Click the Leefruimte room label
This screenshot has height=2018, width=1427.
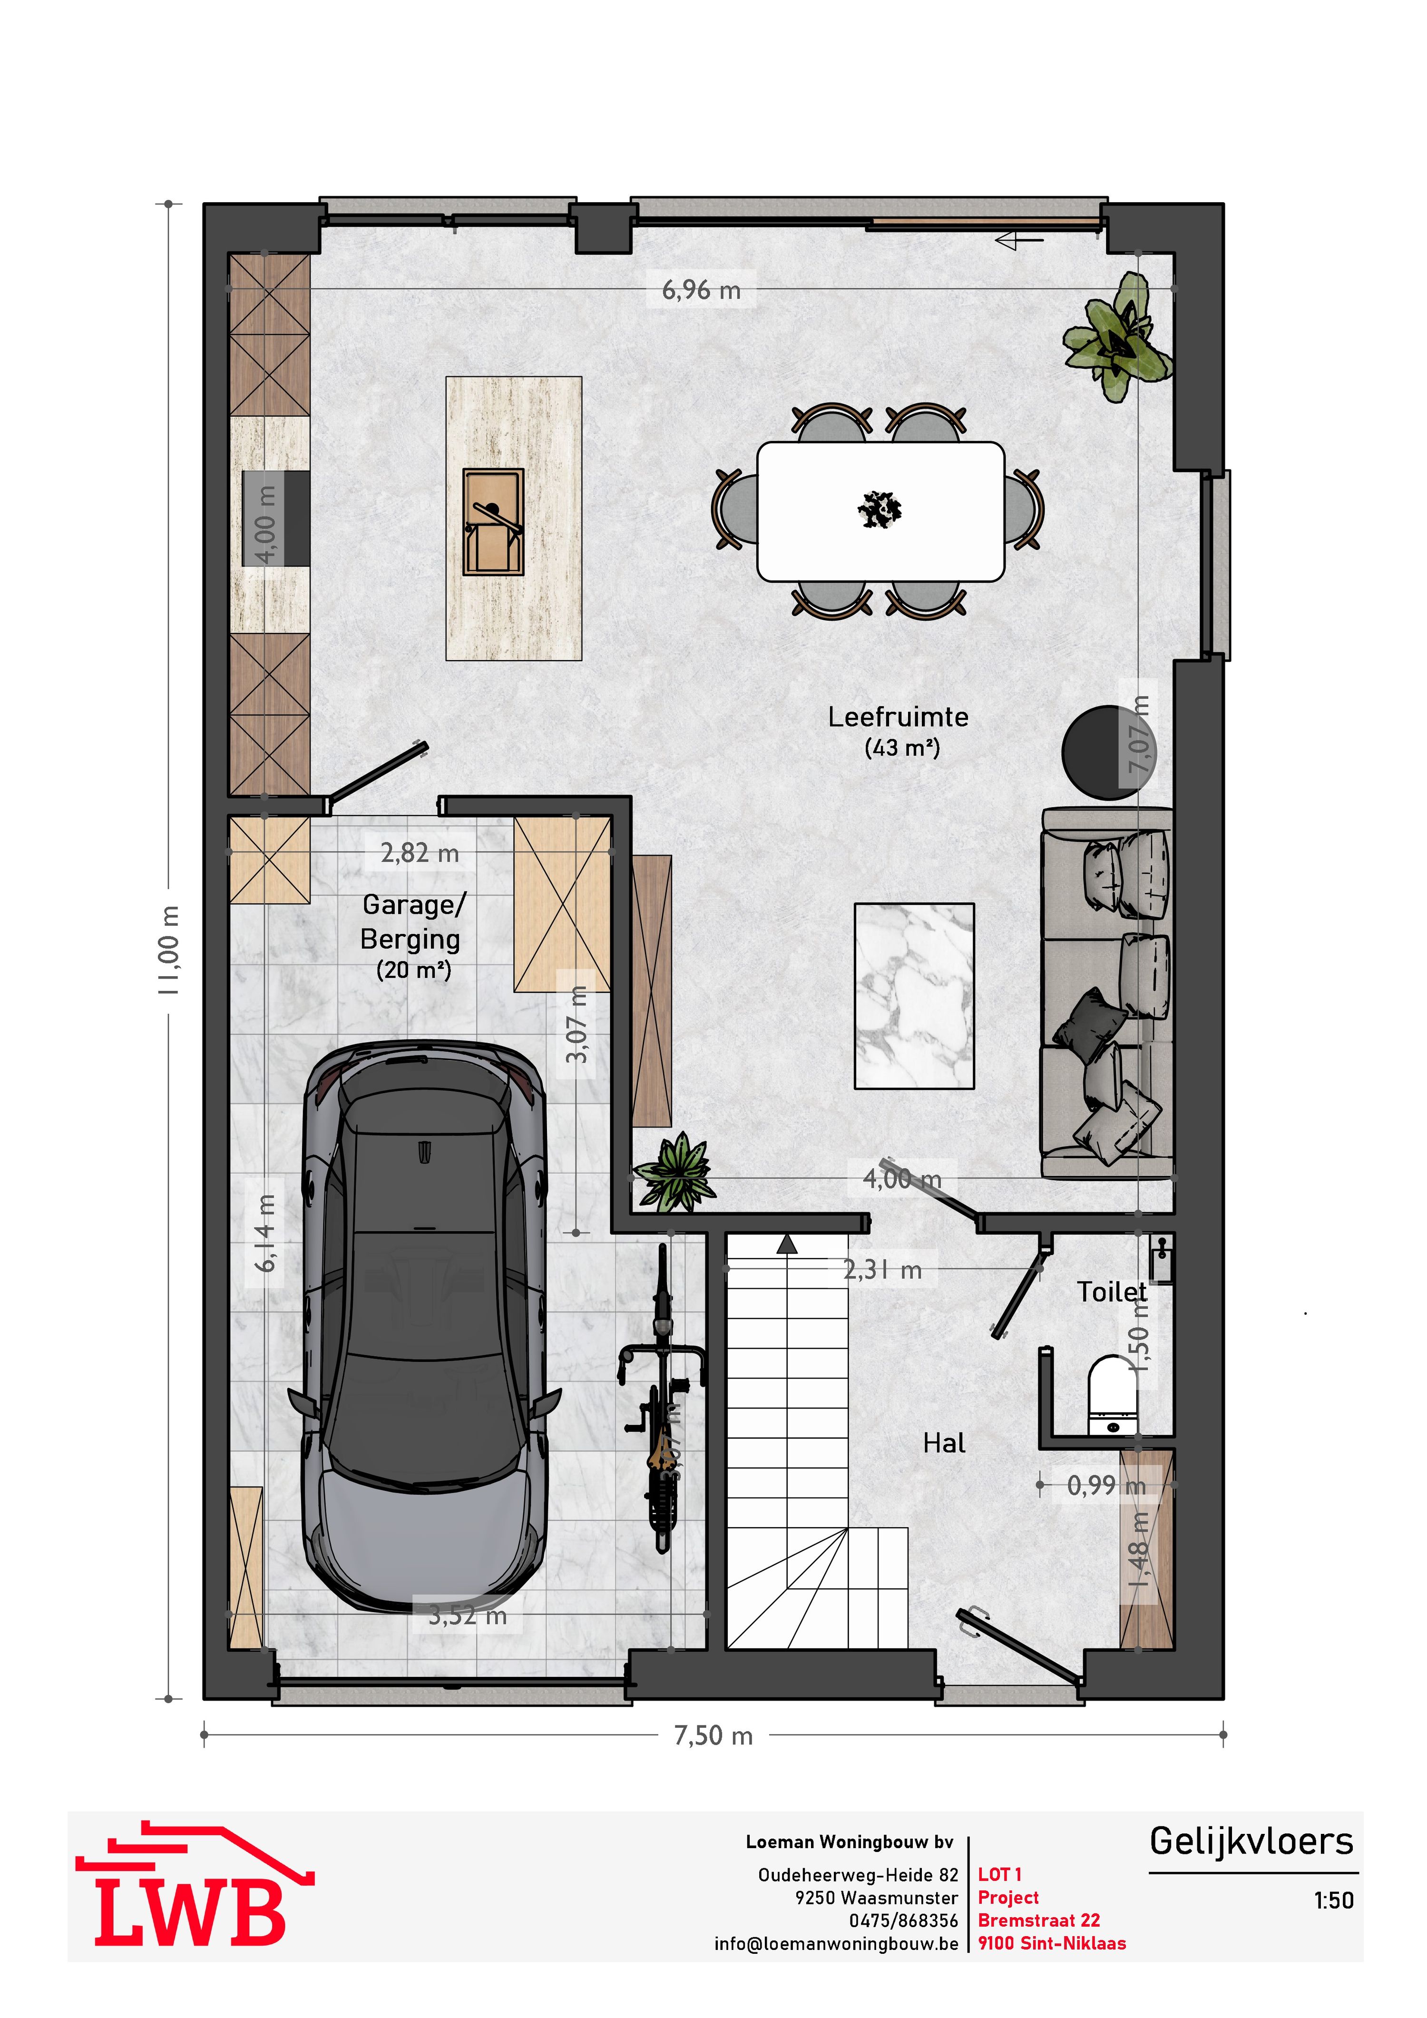[x=898, y=717]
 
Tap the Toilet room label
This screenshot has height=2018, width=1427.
[x=1112, y=1292]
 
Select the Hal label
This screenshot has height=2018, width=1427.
[x=944, y=1443]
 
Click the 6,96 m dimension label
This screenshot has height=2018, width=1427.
[x=700, y=290]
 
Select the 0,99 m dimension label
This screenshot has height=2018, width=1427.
[x=1105, y=1485]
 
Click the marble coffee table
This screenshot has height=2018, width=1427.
[x=914, y=996]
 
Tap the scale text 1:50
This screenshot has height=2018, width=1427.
[x=1333, y=1900]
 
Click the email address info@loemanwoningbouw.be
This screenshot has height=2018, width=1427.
[x=836, y=1943]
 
